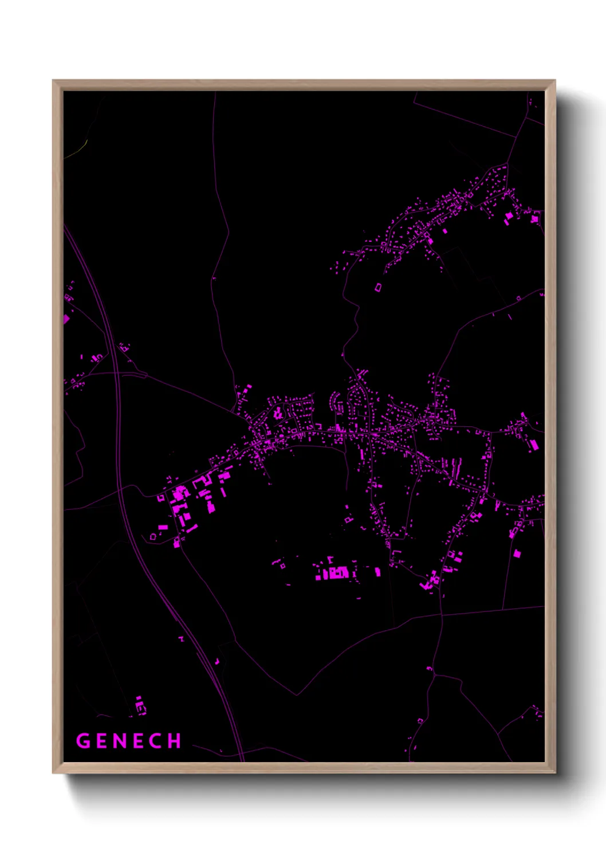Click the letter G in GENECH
tap(83, 741)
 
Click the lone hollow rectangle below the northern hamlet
tap(378, 286)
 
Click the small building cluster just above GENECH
tap(140, 705)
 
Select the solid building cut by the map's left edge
tap(66, 319)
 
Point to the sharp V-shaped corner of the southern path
tap(297, 694)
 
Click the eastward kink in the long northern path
tap(229, 232)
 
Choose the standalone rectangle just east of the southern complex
tap(377, 571)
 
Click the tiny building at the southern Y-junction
tap(429, 668)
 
